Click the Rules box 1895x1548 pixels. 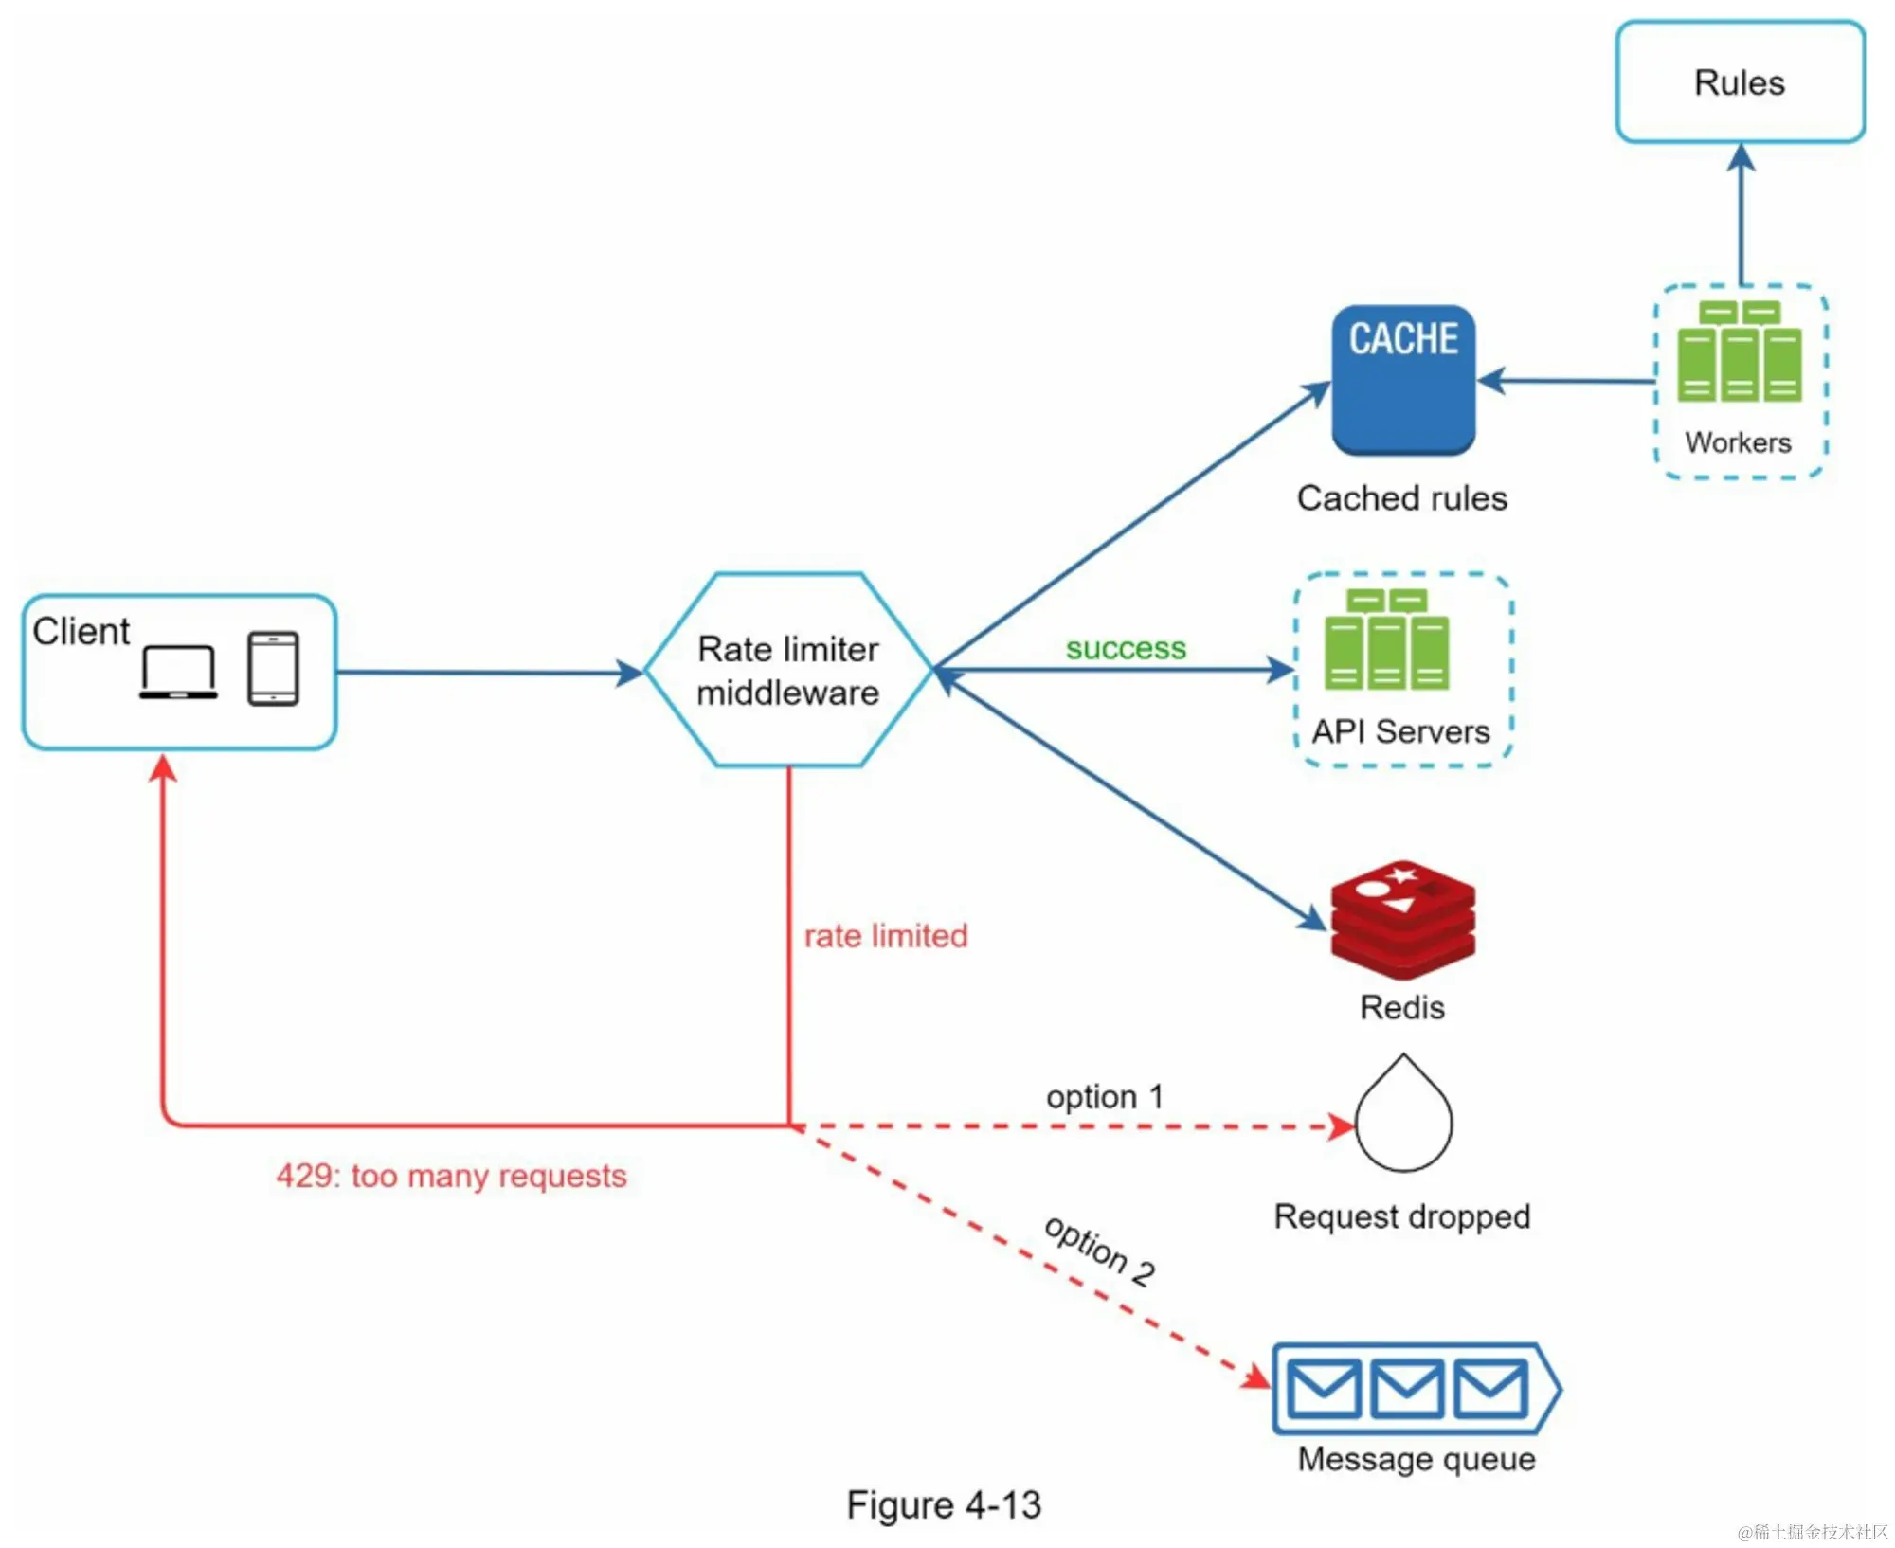tap(1739, 82)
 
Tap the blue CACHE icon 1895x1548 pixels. tap(1403, 379)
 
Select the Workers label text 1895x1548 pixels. tap(1738, 442)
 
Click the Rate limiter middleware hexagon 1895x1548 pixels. tap(788, 670)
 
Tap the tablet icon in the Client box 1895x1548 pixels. tap(273, 669)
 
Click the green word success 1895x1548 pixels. tap(1126, 648)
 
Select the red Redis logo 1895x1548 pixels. tap(1402, 919)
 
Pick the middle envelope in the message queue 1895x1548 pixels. tap(1407, 1388)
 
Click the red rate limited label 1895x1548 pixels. tap(886, 936)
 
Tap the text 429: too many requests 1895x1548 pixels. tap(451, 1176)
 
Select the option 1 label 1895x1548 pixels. tap(1104, 1097)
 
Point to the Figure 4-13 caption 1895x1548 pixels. tap(944, 1504)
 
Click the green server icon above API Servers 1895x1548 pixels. tap(1386, 639)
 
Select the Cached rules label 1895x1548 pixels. tap(1401, 498)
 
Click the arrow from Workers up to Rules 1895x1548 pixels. tap(1741, 218)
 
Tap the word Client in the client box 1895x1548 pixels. tap(81, 631)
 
